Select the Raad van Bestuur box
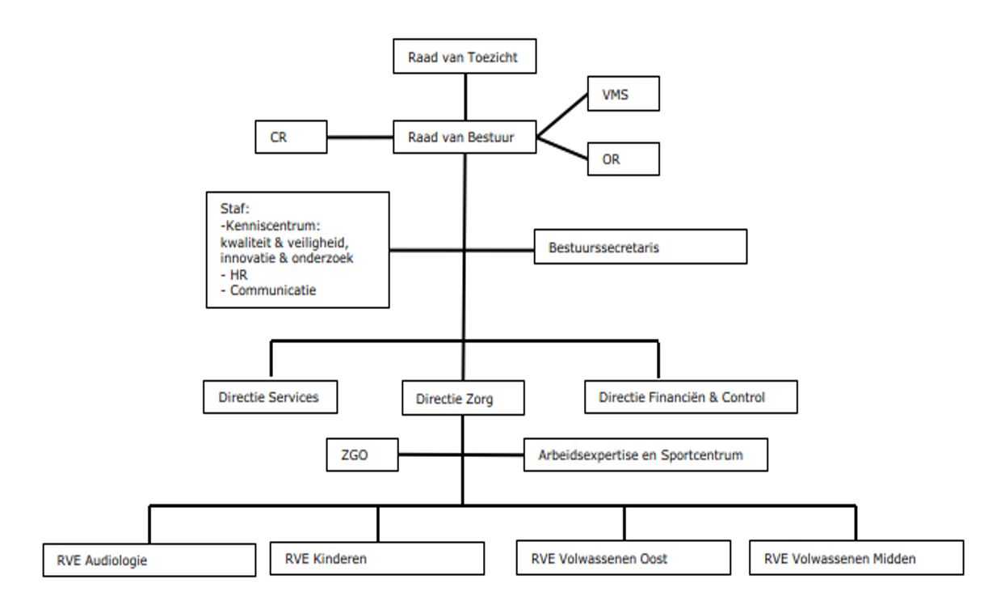pyautogui.click(x=465, y=137)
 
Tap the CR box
pyautogui.click(x=290, y=137)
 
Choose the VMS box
pyautogui.click(x=624, y=95)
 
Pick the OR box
pyautogui.click(x=624, y=159)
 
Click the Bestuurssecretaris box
pyautogui.click(x=640, y=247)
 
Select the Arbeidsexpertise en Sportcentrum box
pyautogui.click(x=645, y=455)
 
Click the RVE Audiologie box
pyautogui.click(x=149, y=559)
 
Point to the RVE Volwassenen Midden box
pyautogui.click(x=856, y=557)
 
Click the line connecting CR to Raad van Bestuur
pyautogui.click(x=359, y=137)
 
